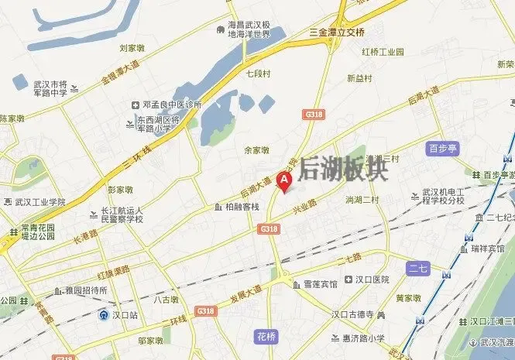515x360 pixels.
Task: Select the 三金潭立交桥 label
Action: click(336, 33)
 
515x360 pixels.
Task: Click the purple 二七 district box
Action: click(418, 268)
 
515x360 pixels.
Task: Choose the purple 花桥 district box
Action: click(265, 336)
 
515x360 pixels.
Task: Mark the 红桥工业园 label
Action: click(383, 52)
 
